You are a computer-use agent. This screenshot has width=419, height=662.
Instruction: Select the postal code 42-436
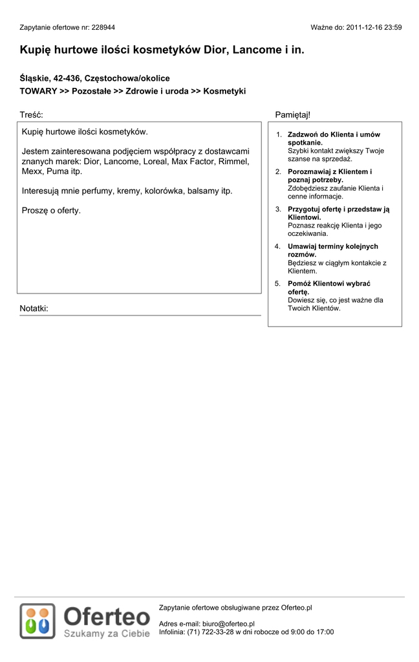click(x=67, y=78)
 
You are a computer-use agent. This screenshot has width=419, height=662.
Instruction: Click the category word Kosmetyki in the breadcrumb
click(x=224, y=92)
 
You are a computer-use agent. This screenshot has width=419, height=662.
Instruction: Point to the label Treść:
click(x=31, y=114)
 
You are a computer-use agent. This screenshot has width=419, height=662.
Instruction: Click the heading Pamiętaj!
click(x=292, y=114)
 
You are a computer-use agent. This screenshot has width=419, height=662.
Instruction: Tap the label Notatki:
click(x=34, y=308)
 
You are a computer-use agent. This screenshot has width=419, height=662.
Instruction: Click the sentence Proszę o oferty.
click(x=51, y=211)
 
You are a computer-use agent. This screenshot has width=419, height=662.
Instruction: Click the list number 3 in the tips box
click(x=278, y=209)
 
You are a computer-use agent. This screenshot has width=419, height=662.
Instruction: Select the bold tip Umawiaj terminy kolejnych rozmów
click(x=332, y=250)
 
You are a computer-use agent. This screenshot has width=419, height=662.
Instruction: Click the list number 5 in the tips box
click(x=278, y=284)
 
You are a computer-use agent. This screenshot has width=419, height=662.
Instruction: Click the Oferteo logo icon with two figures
click(x=38, y=621)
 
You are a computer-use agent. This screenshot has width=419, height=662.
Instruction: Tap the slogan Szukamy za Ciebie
click(x=107, y=634)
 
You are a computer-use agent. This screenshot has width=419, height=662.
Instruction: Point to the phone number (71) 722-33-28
click(x=209, y=632)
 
